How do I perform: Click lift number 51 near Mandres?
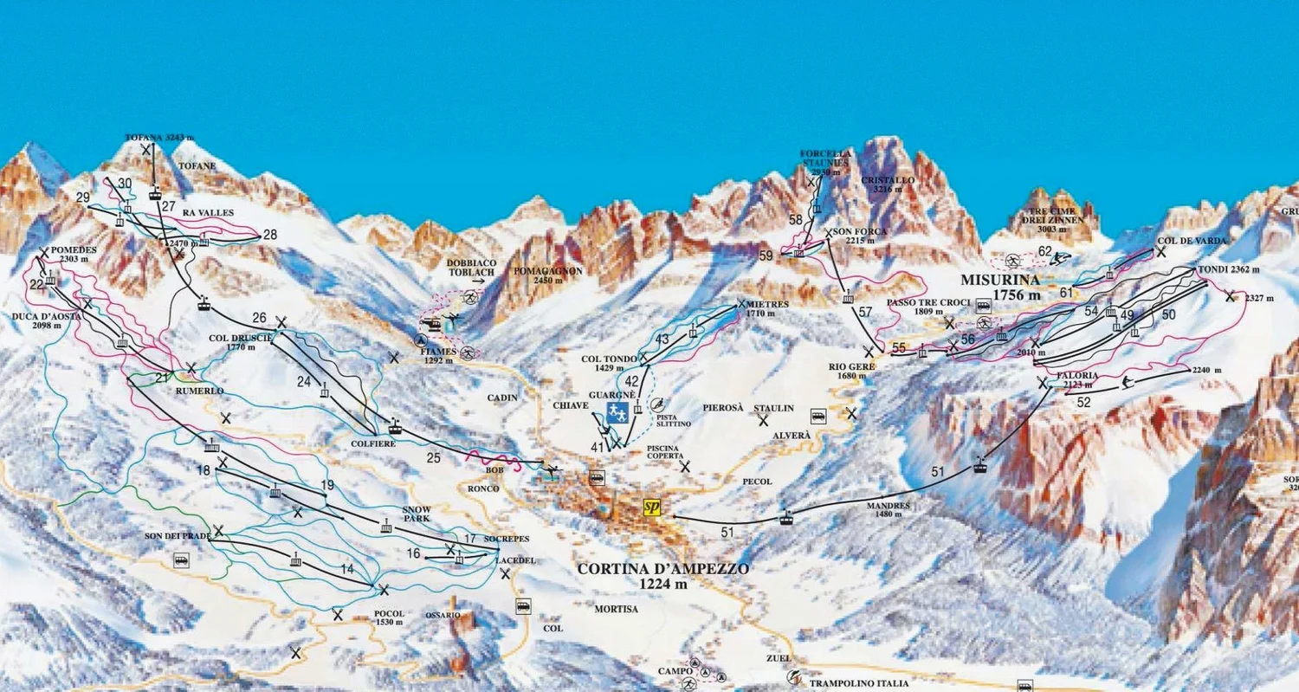(x=937, y=472)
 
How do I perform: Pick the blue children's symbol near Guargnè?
(x=617, y=412)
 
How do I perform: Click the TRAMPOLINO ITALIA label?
(x=859, y=683)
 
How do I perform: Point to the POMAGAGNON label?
(x=549, y=275)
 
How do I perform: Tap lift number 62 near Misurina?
(x=1044, y=252)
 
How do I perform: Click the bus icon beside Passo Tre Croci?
(x=984, y=305)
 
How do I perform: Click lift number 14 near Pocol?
(x=347, y=569)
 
